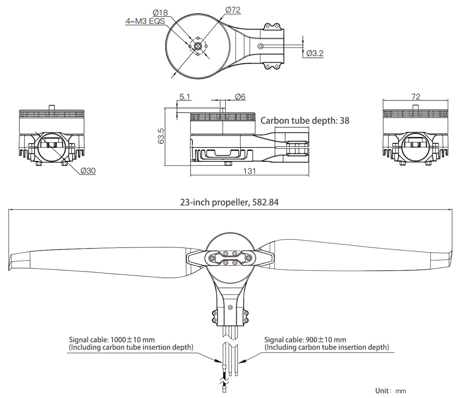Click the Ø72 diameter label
(x=233, y=10)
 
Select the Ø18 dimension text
(x=160, y=13)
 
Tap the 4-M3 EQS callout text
(x=145, y=21)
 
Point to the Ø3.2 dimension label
(x=314, y=53)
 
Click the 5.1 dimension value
(x=185, y=97)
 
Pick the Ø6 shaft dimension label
(x=240, y=97)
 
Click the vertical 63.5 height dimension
(x=161, y=136)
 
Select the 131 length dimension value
(x=249, y=171)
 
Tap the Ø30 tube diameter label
(x=88, y=171)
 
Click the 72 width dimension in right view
(x=416, y=97)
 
